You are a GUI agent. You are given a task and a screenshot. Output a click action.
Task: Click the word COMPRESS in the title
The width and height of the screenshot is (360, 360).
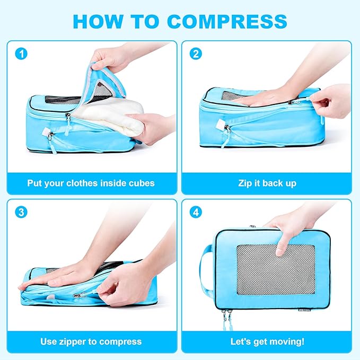pyautogui.click(x=227, y=21)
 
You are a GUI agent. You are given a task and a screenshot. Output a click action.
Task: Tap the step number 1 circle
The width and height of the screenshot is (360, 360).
pyautogui.click(x=21, y=53)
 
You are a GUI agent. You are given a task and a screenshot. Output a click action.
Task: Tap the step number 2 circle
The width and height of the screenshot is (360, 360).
pyautogui.click(x=196, y=53)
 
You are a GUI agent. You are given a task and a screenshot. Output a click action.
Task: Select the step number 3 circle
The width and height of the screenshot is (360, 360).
pyautogui.click(x=21, y=212)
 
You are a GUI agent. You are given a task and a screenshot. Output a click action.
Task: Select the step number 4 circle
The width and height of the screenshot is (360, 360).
pyautogui.click(x=196, y=212)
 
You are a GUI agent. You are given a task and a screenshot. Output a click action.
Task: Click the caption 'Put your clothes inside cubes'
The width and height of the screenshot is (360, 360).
pyautogui.click(x=91, y=183)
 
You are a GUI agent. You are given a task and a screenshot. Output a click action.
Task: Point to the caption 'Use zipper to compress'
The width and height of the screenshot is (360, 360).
pyautogui.click(x=91, y=341)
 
